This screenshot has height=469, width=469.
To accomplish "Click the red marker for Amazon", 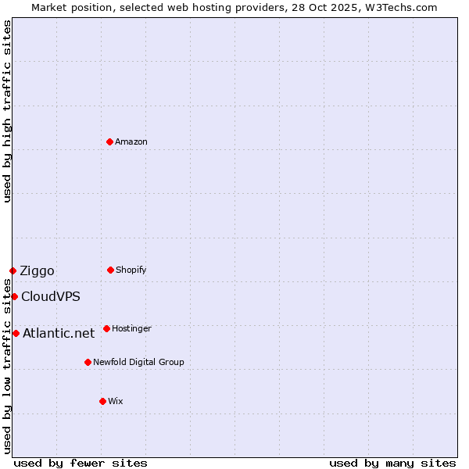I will (109, 141).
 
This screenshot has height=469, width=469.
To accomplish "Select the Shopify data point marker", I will (110, 270).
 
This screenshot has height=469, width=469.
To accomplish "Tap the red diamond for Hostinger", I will (106, 328).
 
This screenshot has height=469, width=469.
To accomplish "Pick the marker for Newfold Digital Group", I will (88, 362).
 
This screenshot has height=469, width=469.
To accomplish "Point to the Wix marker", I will (102, 401).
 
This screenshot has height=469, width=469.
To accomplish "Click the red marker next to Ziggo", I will (13, 270).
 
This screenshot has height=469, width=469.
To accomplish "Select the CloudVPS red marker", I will (14, 296).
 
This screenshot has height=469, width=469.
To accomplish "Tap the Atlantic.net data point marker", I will (16, 333).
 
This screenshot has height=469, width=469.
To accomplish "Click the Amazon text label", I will (131, 141).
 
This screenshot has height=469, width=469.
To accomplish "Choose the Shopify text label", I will (131, 270).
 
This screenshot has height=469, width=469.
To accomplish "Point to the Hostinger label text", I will (131, 328).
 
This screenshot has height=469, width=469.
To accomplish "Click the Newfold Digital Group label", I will (138, 362).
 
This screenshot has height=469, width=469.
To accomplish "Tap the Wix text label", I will (116, 401).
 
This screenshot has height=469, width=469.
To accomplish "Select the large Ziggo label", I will (37, 271).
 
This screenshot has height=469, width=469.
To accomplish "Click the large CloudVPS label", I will (50, 297).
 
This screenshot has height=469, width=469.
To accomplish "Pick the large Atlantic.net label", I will (59, 334).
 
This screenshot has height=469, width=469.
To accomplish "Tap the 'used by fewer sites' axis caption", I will (81, 463).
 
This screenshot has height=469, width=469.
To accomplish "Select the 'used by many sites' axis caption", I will (392, 463).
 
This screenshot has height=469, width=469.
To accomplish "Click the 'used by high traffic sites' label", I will (7, 111).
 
